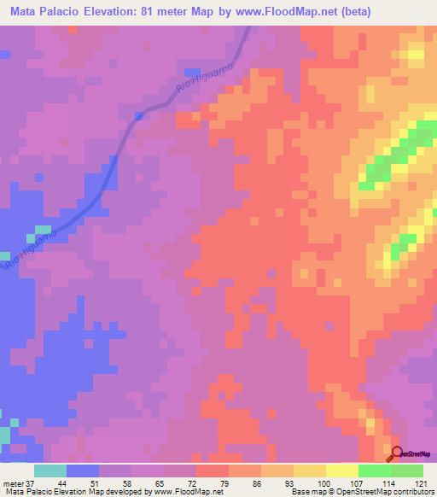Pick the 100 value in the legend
pyautogui.click(x=325, y=482)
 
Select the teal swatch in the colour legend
pyautogui.click(x=50, y=471)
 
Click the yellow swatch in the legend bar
pyautogui.click(x=341, y=471)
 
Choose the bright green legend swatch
pyautogui.click(x=374, y=471)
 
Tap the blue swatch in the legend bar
pyautogui.click(x=82, y=471)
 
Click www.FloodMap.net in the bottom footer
pyautogui.click(x=182, y=492)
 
